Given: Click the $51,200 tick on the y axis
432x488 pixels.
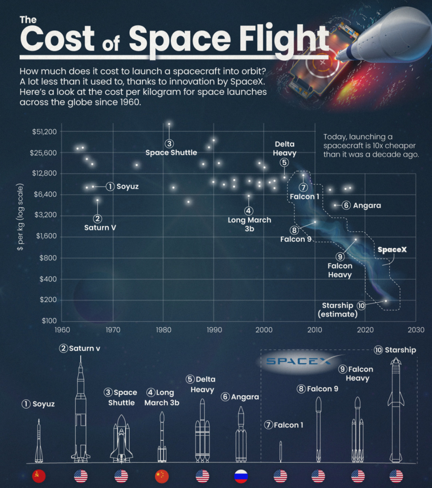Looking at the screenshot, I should click(44, 132).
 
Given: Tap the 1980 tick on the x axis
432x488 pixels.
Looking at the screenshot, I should click(163, 330).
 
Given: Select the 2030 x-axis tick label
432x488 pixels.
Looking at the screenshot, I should click(416, 330).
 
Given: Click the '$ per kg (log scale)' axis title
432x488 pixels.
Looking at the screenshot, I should click(20, 217).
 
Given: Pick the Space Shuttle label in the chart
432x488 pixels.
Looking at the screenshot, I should click(171, 152).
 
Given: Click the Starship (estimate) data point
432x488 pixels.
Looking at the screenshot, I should click(386, 301).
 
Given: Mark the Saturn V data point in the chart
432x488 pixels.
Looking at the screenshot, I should click(97, 200).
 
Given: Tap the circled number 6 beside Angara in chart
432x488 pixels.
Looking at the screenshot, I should click(346, 205).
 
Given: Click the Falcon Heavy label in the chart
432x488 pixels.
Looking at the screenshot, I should click(340, 270).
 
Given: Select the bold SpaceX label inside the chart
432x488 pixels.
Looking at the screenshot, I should click(392, 250).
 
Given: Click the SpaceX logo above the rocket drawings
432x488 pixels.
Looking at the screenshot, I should click(298, 361).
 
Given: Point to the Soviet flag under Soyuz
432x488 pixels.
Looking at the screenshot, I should click(39, 476).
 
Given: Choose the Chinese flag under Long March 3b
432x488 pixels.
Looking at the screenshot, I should click(162, 476).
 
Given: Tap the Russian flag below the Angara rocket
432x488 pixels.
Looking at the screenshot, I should click(241, 476).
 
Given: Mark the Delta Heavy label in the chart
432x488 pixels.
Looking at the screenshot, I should click(284, 148).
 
